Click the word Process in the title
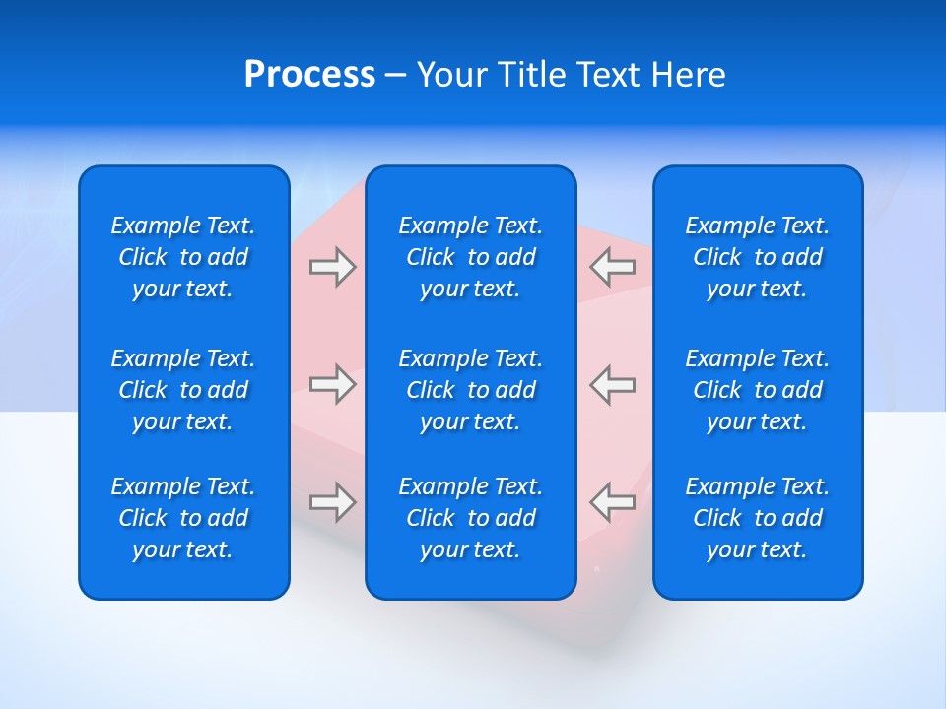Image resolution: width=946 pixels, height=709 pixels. tap(309, 75)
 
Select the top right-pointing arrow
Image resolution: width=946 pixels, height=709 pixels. tap(332, 267)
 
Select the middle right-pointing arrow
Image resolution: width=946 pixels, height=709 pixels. tap(332, 384)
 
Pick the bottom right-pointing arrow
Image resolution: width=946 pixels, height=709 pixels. tap(332, 502)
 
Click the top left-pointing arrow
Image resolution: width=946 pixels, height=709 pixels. tap(612, 267)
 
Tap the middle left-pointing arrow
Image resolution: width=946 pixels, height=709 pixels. tap(612, 384)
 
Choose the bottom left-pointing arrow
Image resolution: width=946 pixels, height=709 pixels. tap(612, 502)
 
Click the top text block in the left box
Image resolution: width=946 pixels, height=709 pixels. tap(183, 257)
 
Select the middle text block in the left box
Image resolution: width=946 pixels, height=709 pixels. tap(183, 390)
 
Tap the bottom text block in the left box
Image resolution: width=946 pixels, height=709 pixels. tap(183, 518)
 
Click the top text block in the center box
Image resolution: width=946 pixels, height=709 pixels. tap(471, 257)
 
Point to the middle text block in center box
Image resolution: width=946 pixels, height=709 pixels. tap(471, 390)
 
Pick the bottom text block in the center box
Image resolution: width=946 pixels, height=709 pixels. tap(471, 518)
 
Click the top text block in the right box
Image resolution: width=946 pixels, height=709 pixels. tap(758, 257)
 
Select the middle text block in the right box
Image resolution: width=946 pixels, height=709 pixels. tap(758, 390)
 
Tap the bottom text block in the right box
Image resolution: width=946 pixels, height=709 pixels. tap(758, 518)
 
